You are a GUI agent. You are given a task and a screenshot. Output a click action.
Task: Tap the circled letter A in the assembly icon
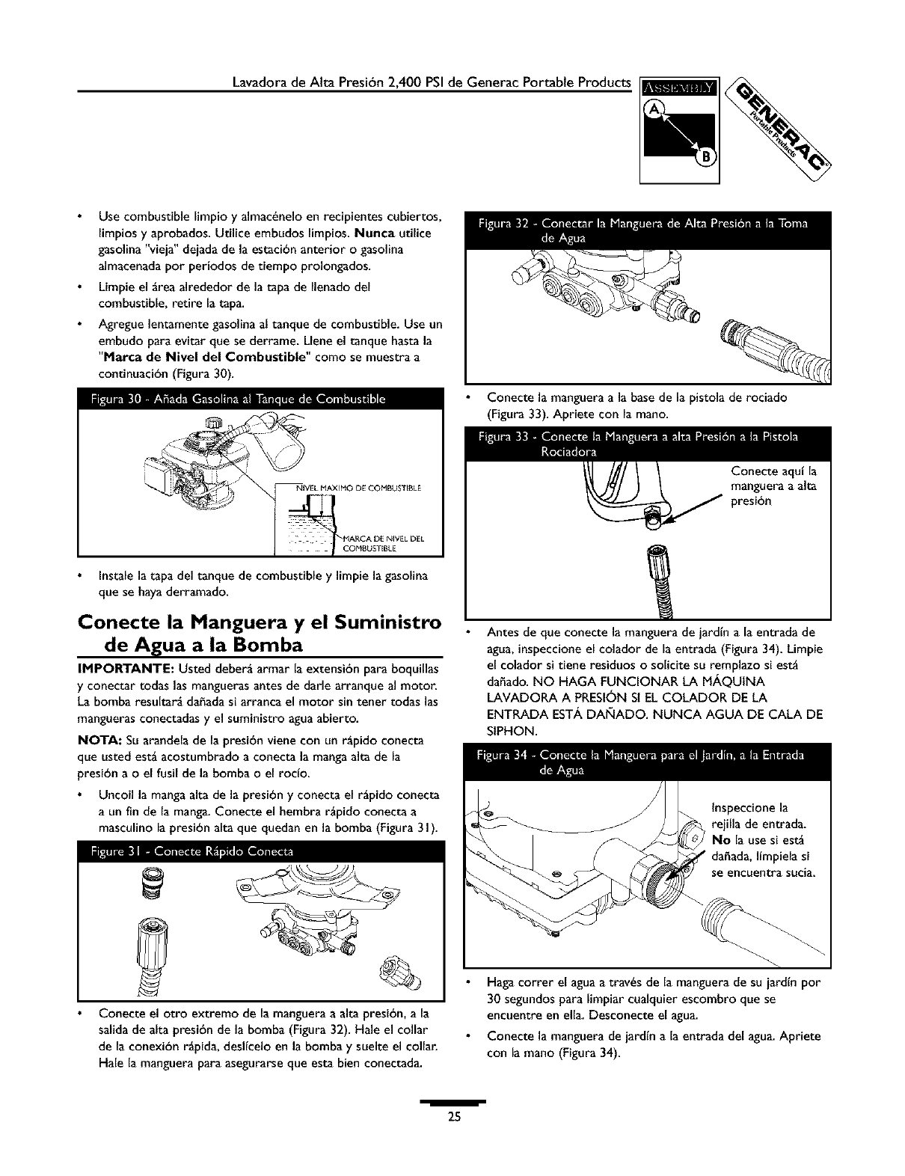(x=656, y=110)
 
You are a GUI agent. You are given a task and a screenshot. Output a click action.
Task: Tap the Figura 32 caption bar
(x=647, y=230)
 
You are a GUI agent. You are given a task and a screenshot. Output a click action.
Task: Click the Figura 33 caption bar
(x=647, y=444)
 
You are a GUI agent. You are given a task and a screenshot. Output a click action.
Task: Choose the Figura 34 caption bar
(x=647, y=762)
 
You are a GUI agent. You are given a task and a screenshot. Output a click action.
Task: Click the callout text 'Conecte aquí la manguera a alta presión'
(x=773, y=486)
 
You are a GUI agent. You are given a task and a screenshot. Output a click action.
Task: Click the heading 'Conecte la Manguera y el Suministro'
(x=260, y=622)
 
